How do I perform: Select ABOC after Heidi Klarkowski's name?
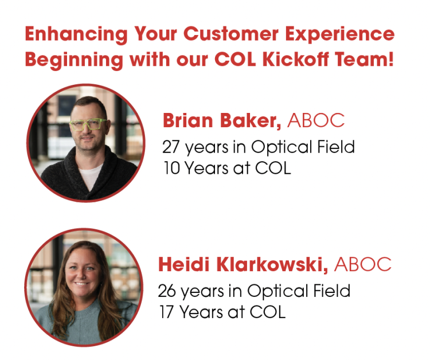362,265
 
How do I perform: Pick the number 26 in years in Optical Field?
167,291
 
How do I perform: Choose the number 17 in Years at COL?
166,312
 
